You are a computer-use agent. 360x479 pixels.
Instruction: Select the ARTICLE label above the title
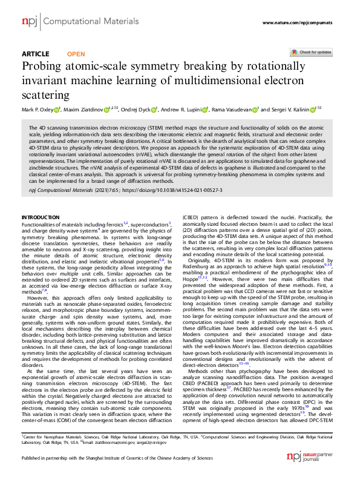[x=35, y=54]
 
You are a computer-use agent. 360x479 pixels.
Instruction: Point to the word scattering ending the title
[x=45, y=95]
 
